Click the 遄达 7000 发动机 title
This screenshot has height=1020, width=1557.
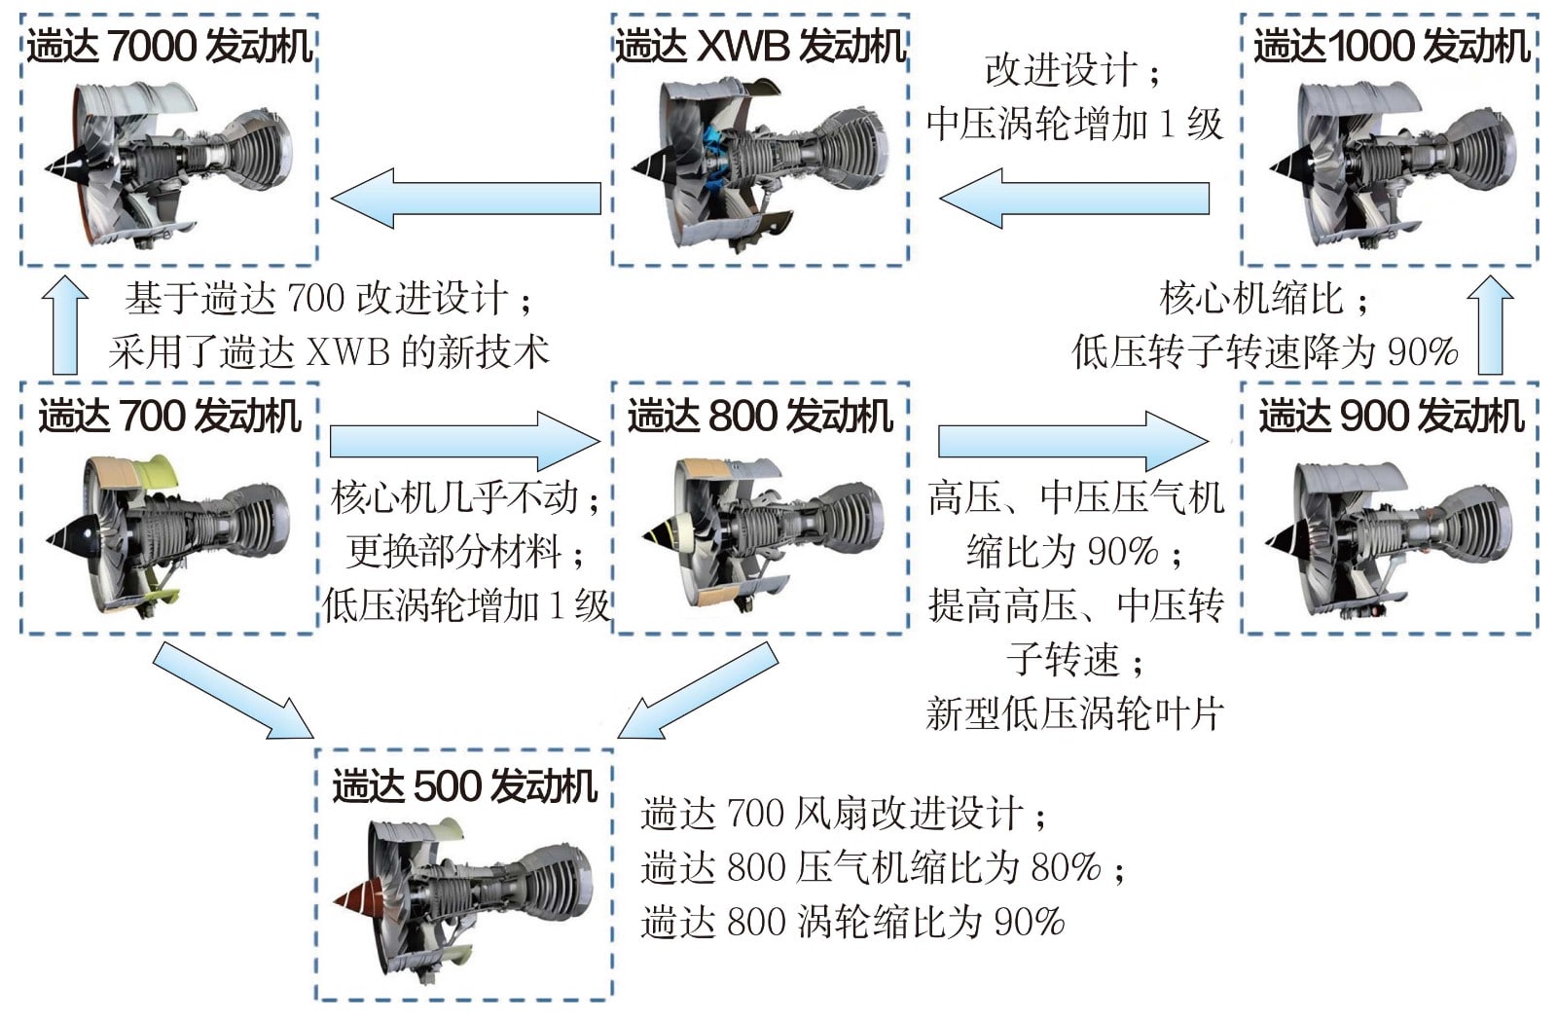pyautogui.click(x=169, y=46)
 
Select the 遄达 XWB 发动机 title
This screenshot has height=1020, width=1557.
pyautogui.click(x=760, y=46)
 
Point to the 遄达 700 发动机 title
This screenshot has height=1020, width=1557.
pyautogui.click(x=169, y=417)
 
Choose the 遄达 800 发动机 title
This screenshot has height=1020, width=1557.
pyautogui.click(x=760, y=417)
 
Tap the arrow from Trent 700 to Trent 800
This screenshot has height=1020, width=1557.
pyautogui.click(x=465, y=441)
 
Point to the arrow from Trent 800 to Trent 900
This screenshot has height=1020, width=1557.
pyautogui.click(x=1073, y=441)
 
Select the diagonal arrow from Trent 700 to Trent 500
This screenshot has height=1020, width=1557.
pyautogui.click(x=234, y=691)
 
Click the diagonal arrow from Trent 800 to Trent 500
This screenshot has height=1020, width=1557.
pyautogui.click(x=697, y=691)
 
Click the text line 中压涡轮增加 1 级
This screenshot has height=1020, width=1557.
pyautogui.click(x=1073, y=124)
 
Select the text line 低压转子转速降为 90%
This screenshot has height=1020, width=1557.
pyautogui.click(x=1265, y=351)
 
